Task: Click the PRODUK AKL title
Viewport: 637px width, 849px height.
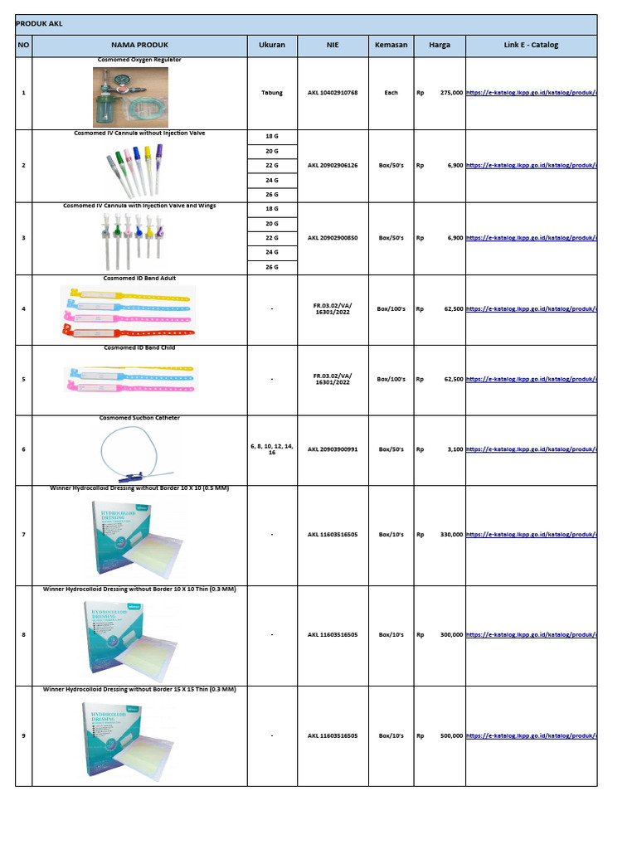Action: (x=39, y=24)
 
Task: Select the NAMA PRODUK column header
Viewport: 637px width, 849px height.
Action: (x=139, y=45)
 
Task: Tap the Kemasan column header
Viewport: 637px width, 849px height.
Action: (x=391, y=45)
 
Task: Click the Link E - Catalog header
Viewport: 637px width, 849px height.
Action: (x=531, y=45)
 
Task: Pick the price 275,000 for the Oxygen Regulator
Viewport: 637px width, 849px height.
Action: (x=451, y=93)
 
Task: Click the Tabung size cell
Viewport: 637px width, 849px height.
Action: (x=272, y=93)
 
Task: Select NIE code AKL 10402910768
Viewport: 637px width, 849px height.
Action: (x=333, y=93)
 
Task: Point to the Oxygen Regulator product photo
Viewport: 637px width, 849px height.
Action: (x=130, y=97)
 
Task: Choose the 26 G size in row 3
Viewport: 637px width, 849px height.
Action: (x=272, y=267)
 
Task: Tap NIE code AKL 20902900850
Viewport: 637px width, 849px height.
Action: (x=333, y=238)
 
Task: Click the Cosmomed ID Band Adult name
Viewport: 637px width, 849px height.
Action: (x=139, y=279)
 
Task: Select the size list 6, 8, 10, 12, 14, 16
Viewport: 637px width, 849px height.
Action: (x=272, y=449)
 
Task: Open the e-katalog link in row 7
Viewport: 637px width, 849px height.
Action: (x=531, y=535)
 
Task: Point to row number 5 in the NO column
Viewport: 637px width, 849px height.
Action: (x=23, y=379)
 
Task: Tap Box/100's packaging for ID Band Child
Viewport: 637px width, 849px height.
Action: (x=391, y=379)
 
